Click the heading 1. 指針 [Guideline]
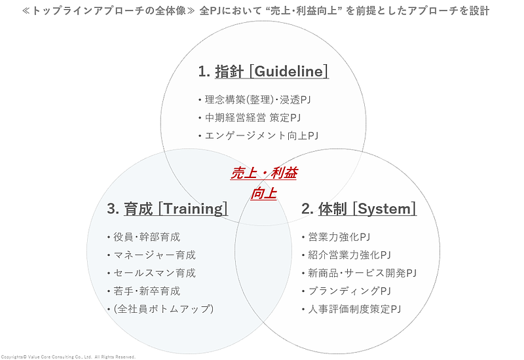[x=263, y=71]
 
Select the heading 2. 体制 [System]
[x=359, y=209]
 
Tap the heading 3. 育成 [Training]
[x=168, y=209]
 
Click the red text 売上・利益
[x=263, y=173]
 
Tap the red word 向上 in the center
[x=263, y=193]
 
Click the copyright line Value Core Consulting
[x=69, y=357]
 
